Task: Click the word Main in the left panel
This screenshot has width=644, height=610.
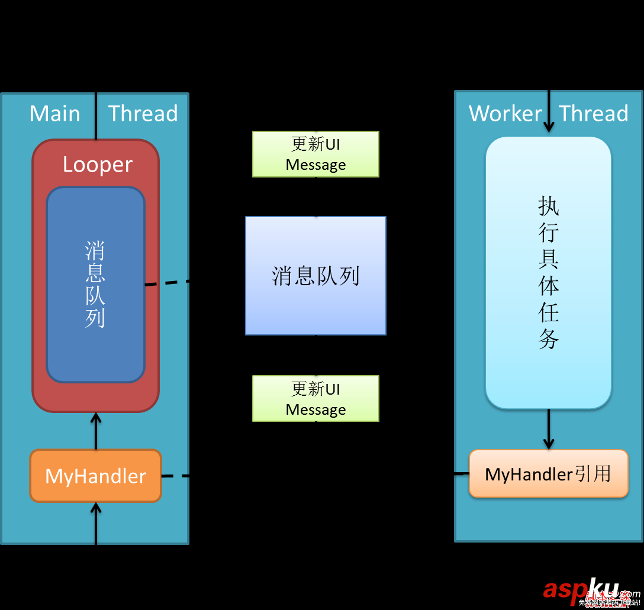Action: click(x=54, y=113)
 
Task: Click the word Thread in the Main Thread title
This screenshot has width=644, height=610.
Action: click(x=143, y=113)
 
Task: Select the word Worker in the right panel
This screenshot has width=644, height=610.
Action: click(x=505, y=113)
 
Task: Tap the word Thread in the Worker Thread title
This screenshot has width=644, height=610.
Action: click(x=593, y=113)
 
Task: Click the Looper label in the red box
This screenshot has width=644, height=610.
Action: click(x=97, y=164)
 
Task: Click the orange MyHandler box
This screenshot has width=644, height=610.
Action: click(x=95, y=476)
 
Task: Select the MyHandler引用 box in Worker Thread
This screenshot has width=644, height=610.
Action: click(x=548, y=474)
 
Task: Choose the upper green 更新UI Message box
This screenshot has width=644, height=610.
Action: click(x=315, y=154)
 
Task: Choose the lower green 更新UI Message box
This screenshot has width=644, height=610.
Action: click(x=315, y=398)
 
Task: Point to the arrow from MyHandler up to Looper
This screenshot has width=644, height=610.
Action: click(x=95, y=431)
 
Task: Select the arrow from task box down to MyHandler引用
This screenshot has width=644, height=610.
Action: click(x=548, y=429)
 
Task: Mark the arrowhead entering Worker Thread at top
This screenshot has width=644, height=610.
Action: click(x=549, y=125)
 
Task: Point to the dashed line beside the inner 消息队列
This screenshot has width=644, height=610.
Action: click(x=166, y=283)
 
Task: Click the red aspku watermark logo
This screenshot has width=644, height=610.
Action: click(x=580, y=588)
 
